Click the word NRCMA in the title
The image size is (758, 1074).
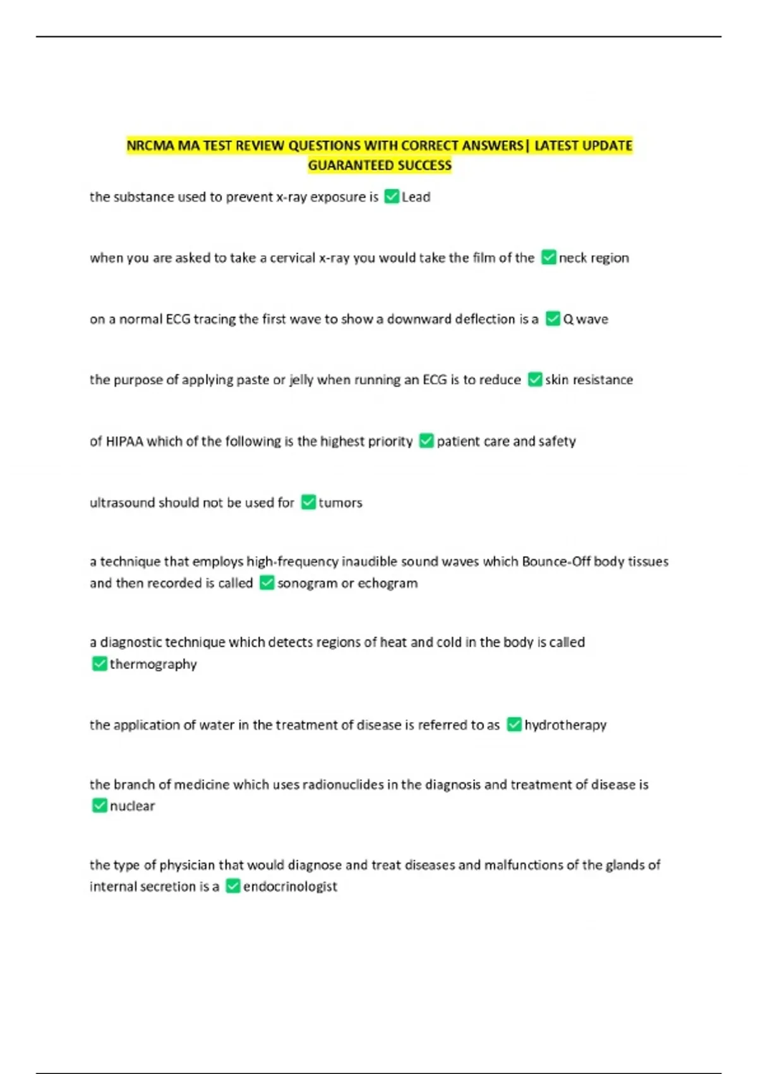click(150, 146)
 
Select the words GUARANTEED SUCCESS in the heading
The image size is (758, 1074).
click(380, 166)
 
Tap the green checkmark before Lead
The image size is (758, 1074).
click(392, 196)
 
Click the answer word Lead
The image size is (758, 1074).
click(416, 197)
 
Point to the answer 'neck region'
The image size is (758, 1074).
click(594, 258)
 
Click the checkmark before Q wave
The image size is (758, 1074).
click(553, 319)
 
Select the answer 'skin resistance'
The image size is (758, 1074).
click(589, 380)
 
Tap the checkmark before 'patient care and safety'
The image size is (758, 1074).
click(426, 441)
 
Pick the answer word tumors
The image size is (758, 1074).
click(340, 503)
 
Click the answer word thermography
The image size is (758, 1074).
click(153, 664)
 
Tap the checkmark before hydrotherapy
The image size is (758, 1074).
click(514, 725)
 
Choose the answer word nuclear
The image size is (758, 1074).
click(132, 806)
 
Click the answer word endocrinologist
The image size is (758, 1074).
click(290, 886)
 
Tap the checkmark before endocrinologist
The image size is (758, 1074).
click(233, 886)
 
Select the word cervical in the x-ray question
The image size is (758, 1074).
click(292, 258)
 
